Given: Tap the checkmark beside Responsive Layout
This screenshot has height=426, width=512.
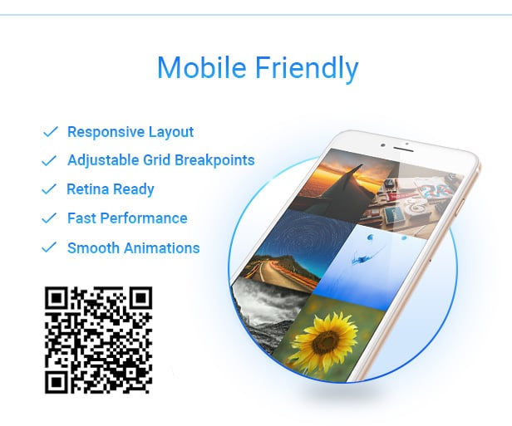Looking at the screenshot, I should coord(50,131).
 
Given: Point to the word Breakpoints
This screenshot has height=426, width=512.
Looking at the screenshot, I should coord(212,160).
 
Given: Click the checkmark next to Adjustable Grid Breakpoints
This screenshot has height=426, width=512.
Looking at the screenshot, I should coord(50,160).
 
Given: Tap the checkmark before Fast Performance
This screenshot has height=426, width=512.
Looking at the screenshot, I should coord(50,218).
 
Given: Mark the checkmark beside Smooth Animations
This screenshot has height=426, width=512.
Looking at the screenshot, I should coord(50,247).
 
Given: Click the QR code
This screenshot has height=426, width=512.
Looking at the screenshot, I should coord(98,339).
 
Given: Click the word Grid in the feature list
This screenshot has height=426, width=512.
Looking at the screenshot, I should coord(146,160).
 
